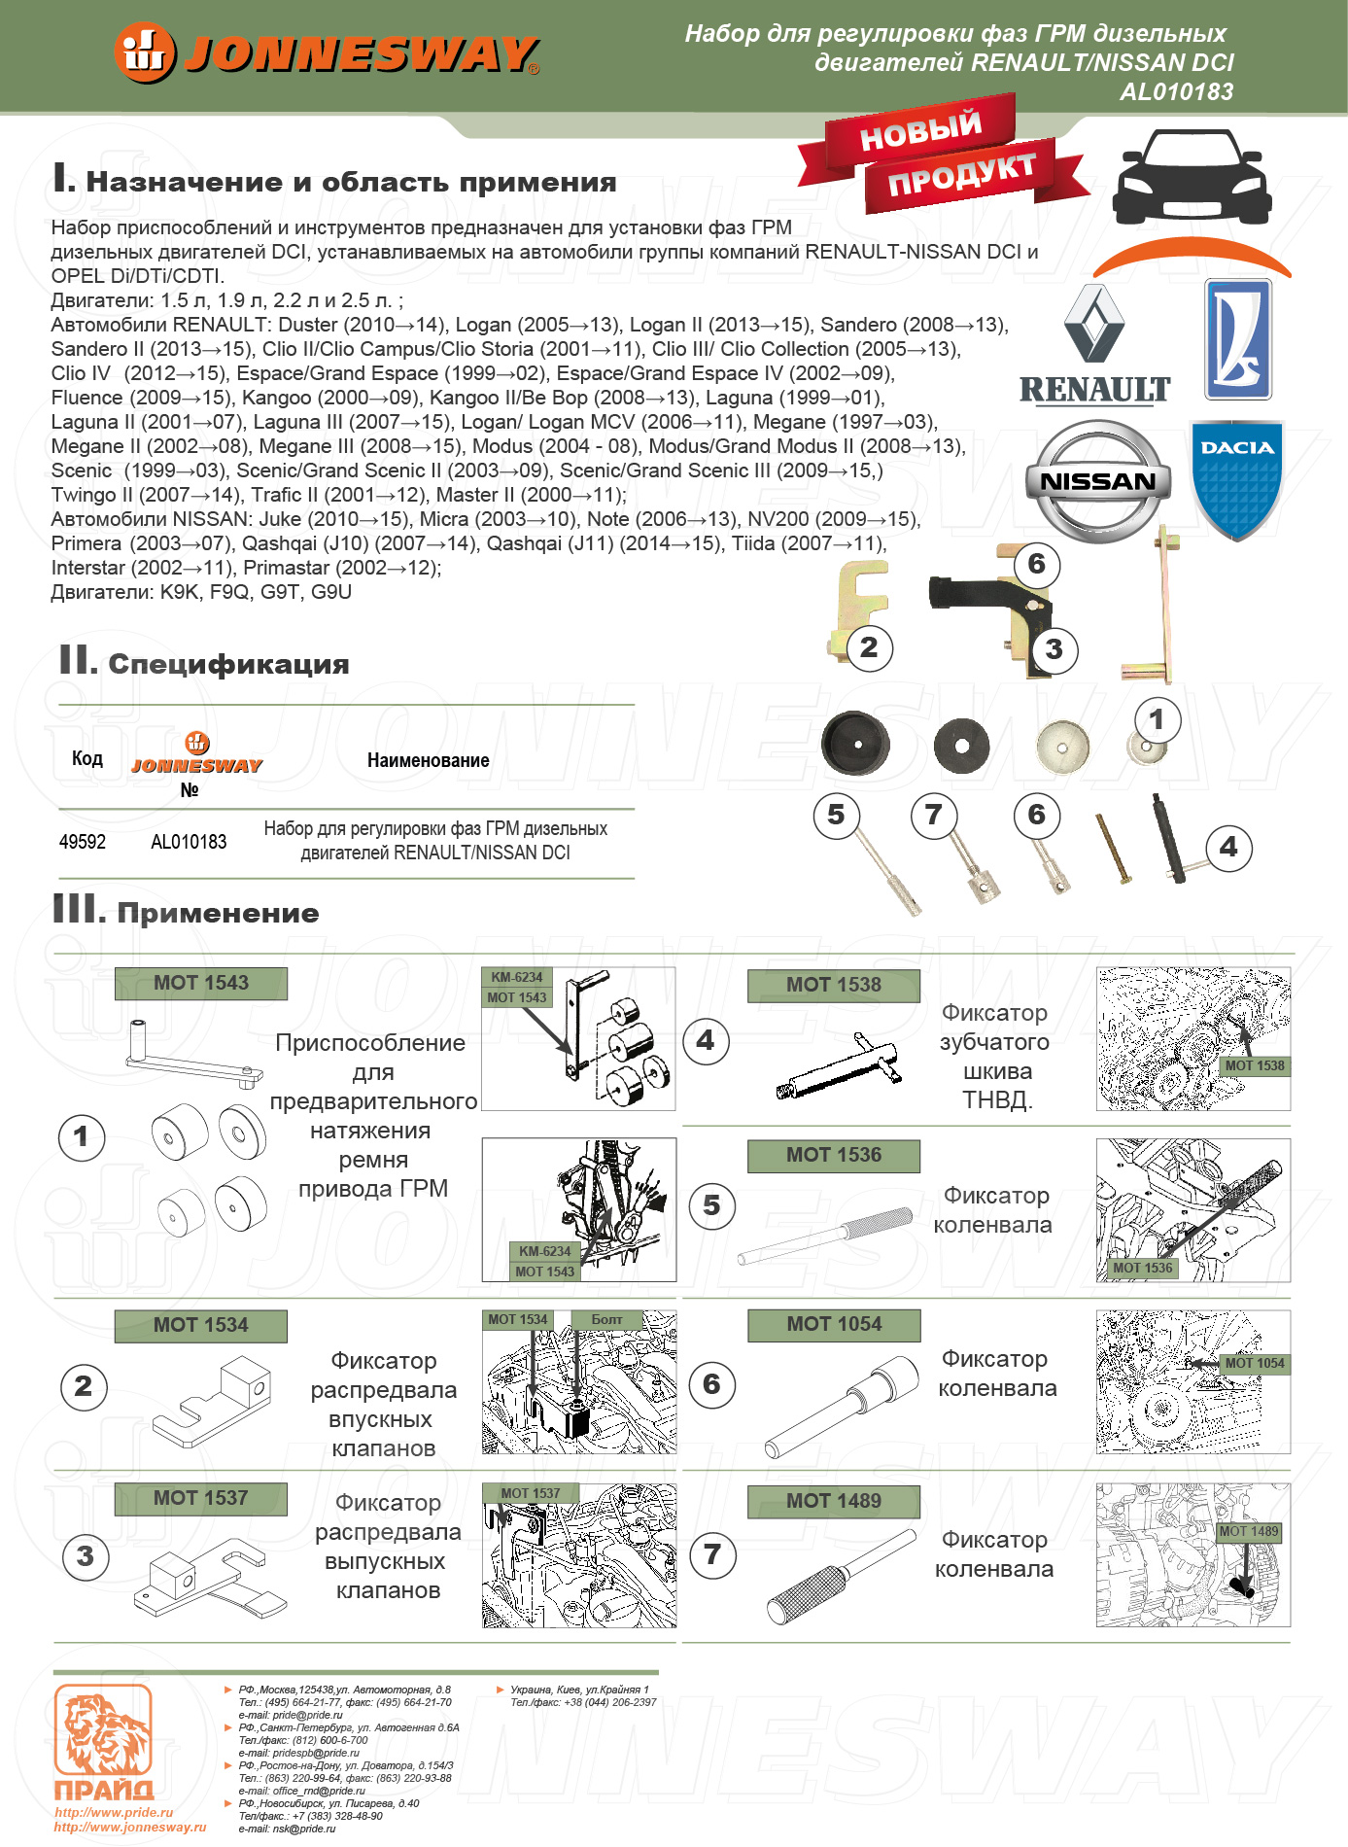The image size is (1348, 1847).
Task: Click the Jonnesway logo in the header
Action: click(x=327, y=52)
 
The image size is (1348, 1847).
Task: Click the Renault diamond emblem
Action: click(x=1094, y=325)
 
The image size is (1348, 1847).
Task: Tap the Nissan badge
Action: click(x=1098, y=481)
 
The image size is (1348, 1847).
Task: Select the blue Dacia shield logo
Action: click(x=1236, y=478)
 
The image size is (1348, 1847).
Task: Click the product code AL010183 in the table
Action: click(x=189, y=842)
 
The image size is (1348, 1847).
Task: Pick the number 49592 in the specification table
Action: click(x=83, y=842)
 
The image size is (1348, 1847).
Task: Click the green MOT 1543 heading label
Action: click(x=201, y=983)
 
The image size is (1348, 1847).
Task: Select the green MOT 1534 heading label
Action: click(x=201, y=1325)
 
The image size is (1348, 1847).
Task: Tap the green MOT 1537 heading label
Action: click(x=201, y=1498)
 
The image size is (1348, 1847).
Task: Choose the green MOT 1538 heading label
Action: click(x=834, y=985)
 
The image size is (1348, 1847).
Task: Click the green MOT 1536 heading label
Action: click(x=834, y=1155)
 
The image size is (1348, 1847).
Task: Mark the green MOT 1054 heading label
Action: click(x=834, y=1324)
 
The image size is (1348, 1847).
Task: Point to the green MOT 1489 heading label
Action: click(x=834, y=1501)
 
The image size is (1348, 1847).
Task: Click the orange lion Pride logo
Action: click(x=103, y=1740)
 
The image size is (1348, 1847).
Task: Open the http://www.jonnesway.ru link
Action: click(x=130, y=1827)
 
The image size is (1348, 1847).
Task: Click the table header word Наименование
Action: click(x=429, y=760)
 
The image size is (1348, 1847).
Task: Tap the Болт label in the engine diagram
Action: click(x=607, y=1319)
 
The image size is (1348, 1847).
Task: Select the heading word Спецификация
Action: click(x=228, y=664)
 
